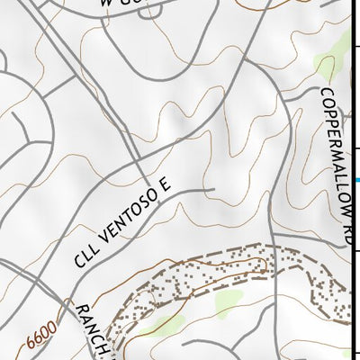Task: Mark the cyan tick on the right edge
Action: [356, 181]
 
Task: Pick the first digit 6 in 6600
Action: [31, 346]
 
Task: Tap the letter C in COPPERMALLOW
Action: [327, 94]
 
